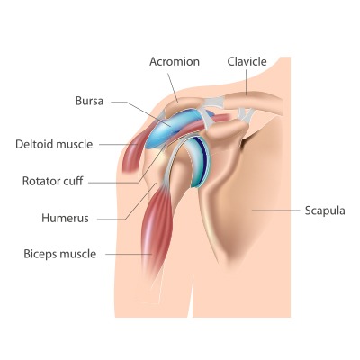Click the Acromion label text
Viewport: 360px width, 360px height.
[175, 61]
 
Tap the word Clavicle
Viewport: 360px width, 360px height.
[247, 61]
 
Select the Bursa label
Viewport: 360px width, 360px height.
[89, 101]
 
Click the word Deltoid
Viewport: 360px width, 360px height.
[34, 144]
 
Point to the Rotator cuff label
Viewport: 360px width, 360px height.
[53, 181]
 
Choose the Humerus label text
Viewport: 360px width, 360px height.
[65, 218]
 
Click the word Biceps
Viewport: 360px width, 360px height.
[40, 255]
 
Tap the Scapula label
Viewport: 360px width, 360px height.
[325, 211]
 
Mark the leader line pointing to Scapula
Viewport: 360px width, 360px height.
[275, 211]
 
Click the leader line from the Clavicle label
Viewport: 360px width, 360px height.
[247, 83]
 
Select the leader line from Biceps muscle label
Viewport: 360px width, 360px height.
[129, 255]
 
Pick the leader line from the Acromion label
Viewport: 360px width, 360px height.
[173, 87]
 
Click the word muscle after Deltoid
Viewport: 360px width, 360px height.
[75, 144]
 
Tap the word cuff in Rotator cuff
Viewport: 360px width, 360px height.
[74, 181]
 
